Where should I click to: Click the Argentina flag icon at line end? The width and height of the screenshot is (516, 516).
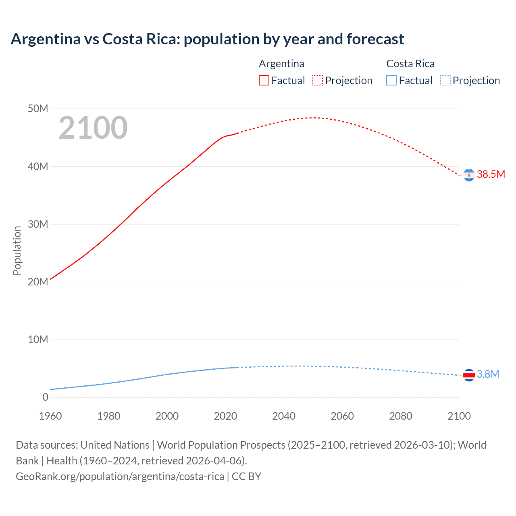[469, 175]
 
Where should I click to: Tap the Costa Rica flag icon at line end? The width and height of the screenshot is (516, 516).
[469, 375]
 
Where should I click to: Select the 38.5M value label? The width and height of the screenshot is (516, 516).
[491, 174]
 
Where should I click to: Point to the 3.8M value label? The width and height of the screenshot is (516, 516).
[488, 374]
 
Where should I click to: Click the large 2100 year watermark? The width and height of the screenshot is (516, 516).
[93, 128]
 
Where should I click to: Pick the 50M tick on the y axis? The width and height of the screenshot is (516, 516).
[38, 109]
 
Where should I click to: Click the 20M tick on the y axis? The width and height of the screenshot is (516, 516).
[38, 282]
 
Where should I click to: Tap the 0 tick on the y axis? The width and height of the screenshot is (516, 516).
[45, 397]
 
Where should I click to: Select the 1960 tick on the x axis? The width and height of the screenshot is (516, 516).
[50, 416]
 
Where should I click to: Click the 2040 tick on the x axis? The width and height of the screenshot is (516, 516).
[284, 416]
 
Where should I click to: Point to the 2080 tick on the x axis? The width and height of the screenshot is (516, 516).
[401, 416]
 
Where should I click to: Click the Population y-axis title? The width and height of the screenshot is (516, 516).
[17, 250]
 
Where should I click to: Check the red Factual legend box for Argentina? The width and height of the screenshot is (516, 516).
[264, 81]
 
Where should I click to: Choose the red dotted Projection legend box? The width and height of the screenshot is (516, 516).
[318, 81]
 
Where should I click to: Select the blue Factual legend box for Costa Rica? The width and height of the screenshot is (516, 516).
[391, 81]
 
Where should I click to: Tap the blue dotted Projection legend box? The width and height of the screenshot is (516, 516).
[445, 81]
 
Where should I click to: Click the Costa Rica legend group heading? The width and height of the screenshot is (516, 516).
[410, 64]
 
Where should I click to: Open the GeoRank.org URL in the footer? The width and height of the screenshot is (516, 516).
[120, 476]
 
